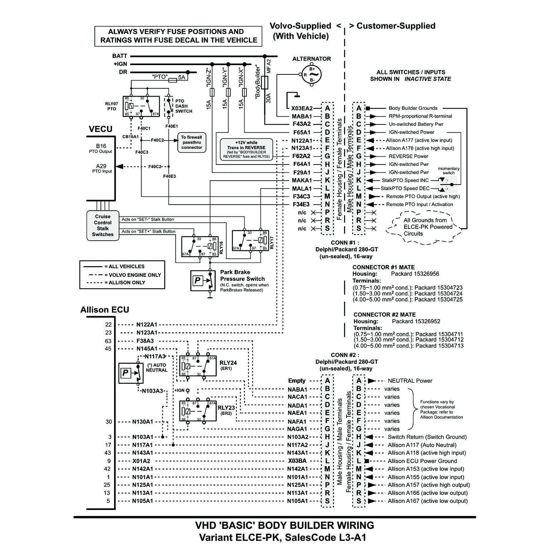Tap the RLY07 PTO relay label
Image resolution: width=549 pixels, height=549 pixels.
(112, 106)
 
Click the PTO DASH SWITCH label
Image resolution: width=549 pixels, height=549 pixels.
(183, 106)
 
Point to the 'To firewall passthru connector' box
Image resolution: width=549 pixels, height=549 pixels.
(192, 142)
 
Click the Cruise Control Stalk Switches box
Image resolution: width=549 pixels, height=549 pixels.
(103, 226)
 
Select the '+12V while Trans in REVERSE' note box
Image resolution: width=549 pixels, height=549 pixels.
(246, 149)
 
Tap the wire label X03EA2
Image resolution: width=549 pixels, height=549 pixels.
(302, 108)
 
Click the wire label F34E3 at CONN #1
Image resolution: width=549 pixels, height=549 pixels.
(301, 205)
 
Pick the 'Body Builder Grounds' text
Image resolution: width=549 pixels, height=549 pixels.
(413, 108)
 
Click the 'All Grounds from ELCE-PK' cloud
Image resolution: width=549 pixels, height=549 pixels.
(427, 227)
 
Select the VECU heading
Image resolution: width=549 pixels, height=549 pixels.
(101, 129)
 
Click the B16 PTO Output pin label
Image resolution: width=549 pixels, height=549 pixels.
(101, 148)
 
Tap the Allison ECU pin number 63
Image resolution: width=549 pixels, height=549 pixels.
(108, 341)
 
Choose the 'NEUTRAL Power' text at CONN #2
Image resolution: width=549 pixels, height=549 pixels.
(410, 381)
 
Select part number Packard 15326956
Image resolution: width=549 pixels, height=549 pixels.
(415, 274)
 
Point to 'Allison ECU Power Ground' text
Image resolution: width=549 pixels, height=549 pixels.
(422, 461)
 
